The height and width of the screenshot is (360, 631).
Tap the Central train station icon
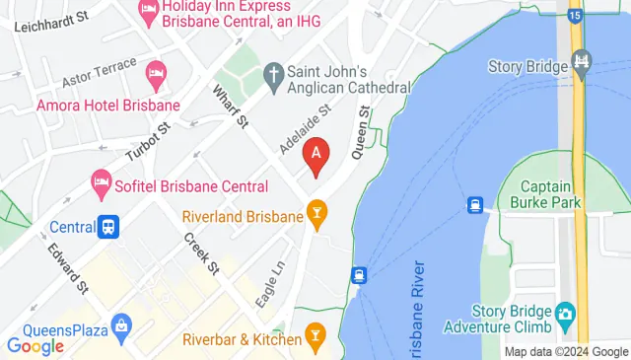click(108, 228)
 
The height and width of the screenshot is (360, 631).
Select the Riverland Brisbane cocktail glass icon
click(316, 211)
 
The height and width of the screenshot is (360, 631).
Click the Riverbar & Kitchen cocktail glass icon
click(315, 334)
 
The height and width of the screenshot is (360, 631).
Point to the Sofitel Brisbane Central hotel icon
click(99, 180)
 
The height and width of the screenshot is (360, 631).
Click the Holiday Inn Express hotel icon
click(149, 13)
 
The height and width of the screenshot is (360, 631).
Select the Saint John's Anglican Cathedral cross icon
click(273, 73)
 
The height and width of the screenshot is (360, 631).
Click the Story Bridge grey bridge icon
click(582, 66)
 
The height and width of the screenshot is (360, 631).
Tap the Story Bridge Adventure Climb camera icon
click(565, 316)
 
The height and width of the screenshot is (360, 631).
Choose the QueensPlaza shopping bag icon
click(121, 324)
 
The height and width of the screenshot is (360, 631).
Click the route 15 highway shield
click(575, 14)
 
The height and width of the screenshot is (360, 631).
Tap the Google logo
click(35, 345)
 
